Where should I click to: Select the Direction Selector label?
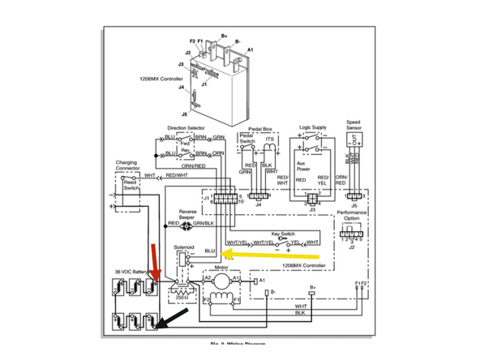tap(186, 128)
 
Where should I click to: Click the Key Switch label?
tap(287, 231)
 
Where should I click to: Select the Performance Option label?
tap(351, 216)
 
